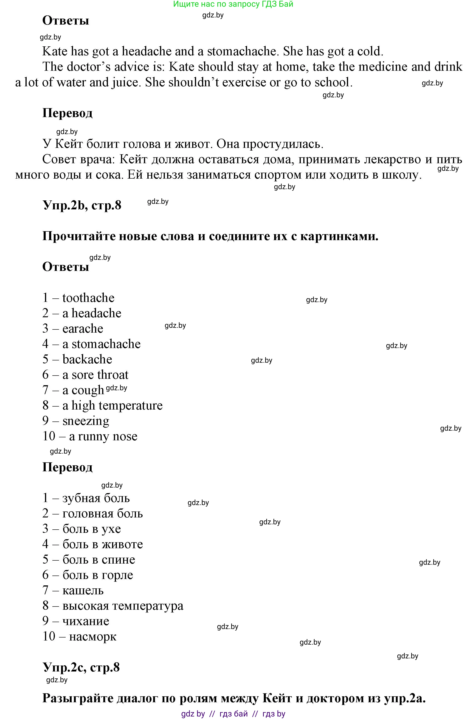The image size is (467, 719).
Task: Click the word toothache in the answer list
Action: coord(88,298)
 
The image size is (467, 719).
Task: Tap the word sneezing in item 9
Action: coord(86,421)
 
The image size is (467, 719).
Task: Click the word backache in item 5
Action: coord(87,359)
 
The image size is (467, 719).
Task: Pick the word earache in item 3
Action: coord(83,329)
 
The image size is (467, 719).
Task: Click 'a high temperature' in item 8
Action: coord(112,406)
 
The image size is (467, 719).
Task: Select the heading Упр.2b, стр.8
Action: coord(82,205)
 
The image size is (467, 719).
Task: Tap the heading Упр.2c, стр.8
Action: coord(81,667)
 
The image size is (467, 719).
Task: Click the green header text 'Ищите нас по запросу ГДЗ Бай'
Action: coord(233,4)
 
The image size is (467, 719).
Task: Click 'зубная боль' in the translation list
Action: coord(96,498)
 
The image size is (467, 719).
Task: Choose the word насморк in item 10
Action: coord(93,637)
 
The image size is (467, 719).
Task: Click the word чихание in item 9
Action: coord(86,621)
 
